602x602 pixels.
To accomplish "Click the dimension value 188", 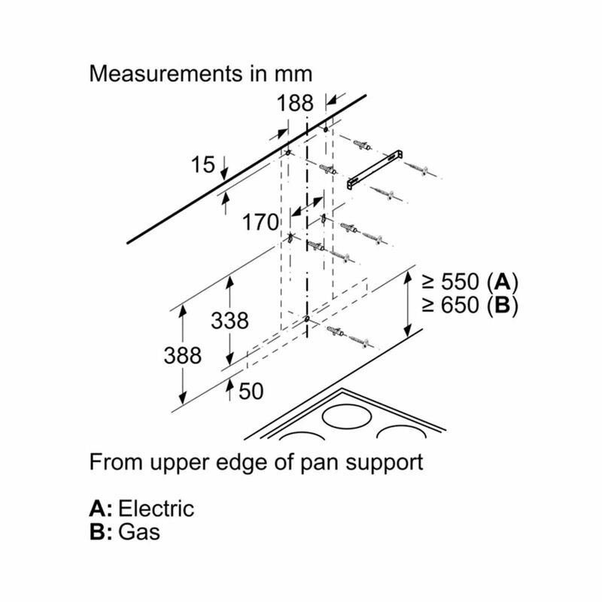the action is click(x=295, y=103).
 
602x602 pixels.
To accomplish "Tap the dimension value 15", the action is click(x=202, y=165).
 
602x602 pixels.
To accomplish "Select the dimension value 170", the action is click(x=260, y=222).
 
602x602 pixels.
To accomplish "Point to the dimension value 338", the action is click(x=230, y=321).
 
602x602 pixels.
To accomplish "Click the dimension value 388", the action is click(x=182, y=355).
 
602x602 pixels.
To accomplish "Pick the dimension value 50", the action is click(x=251, y=391).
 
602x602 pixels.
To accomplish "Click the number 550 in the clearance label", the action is click(x=461, y=281).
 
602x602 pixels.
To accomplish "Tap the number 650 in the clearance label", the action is click(x=461, y=306).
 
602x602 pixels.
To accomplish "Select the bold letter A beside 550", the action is click(x=503, y=282).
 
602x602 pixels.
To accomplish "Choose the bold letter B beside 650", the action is click(x=503, y=306).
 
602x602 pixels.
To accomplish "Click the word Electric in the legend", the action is click(x=156, y=509).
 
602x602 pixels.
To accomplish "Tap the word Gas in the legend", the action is click(x=139, y=532).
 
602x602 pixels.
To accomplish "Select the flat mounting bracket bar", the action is click(x=375, y=169).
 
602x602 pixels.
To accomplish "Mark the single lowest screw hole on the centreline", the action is click(x=307, y=318).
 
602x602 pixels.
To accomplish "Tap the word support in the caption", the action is click(x=385, y=463).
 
